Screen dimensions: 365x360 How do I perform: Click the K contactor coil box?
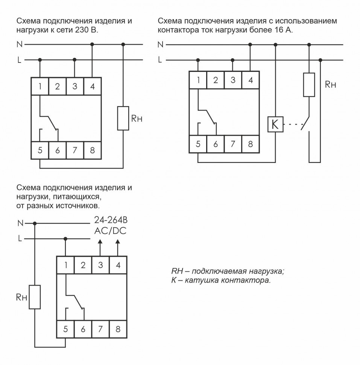(x=275, y=125)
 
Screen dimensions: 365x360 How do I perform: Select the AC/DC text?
(x=110, y=231)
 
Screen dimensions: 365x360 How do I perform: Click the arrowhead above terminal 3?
(x=100, y=244)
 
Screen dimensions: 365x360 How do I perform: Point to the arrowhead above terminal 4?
(x=118, y=244)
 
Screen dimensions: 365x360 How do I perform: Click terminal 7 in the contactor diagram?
(x=233, y=144)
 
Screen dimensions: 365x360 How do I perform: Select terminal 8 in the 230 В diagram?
(x=92, y=151)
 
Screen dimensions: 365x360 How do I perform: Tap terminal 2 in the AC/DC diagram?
(x=83, y=265)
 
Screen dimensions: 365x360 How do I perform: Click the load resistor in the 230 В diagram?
(x=123, y=119)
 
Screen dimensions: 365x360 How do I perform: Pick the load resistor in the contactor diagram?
(x=309, y=85)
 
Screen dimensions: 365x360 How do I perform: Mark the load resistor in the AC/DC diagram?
(x=35, y=297)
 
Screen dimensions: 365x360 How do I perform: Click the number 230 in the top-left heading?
(x=82, y=30)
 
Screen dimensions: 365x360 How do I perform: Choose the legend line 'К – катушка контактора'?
(x=221, y=281)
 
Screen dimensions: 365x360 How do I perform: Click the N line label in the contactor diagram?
(x=161, y=45)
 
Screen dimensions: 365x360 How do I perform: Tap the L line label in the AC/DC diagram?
(x=20, y=238)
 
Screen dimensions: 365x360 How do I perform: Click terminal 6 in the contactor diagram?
(x=216, y=144)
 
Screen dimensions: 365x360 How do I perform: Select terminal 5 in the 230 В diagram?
(x=40, y=151)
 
